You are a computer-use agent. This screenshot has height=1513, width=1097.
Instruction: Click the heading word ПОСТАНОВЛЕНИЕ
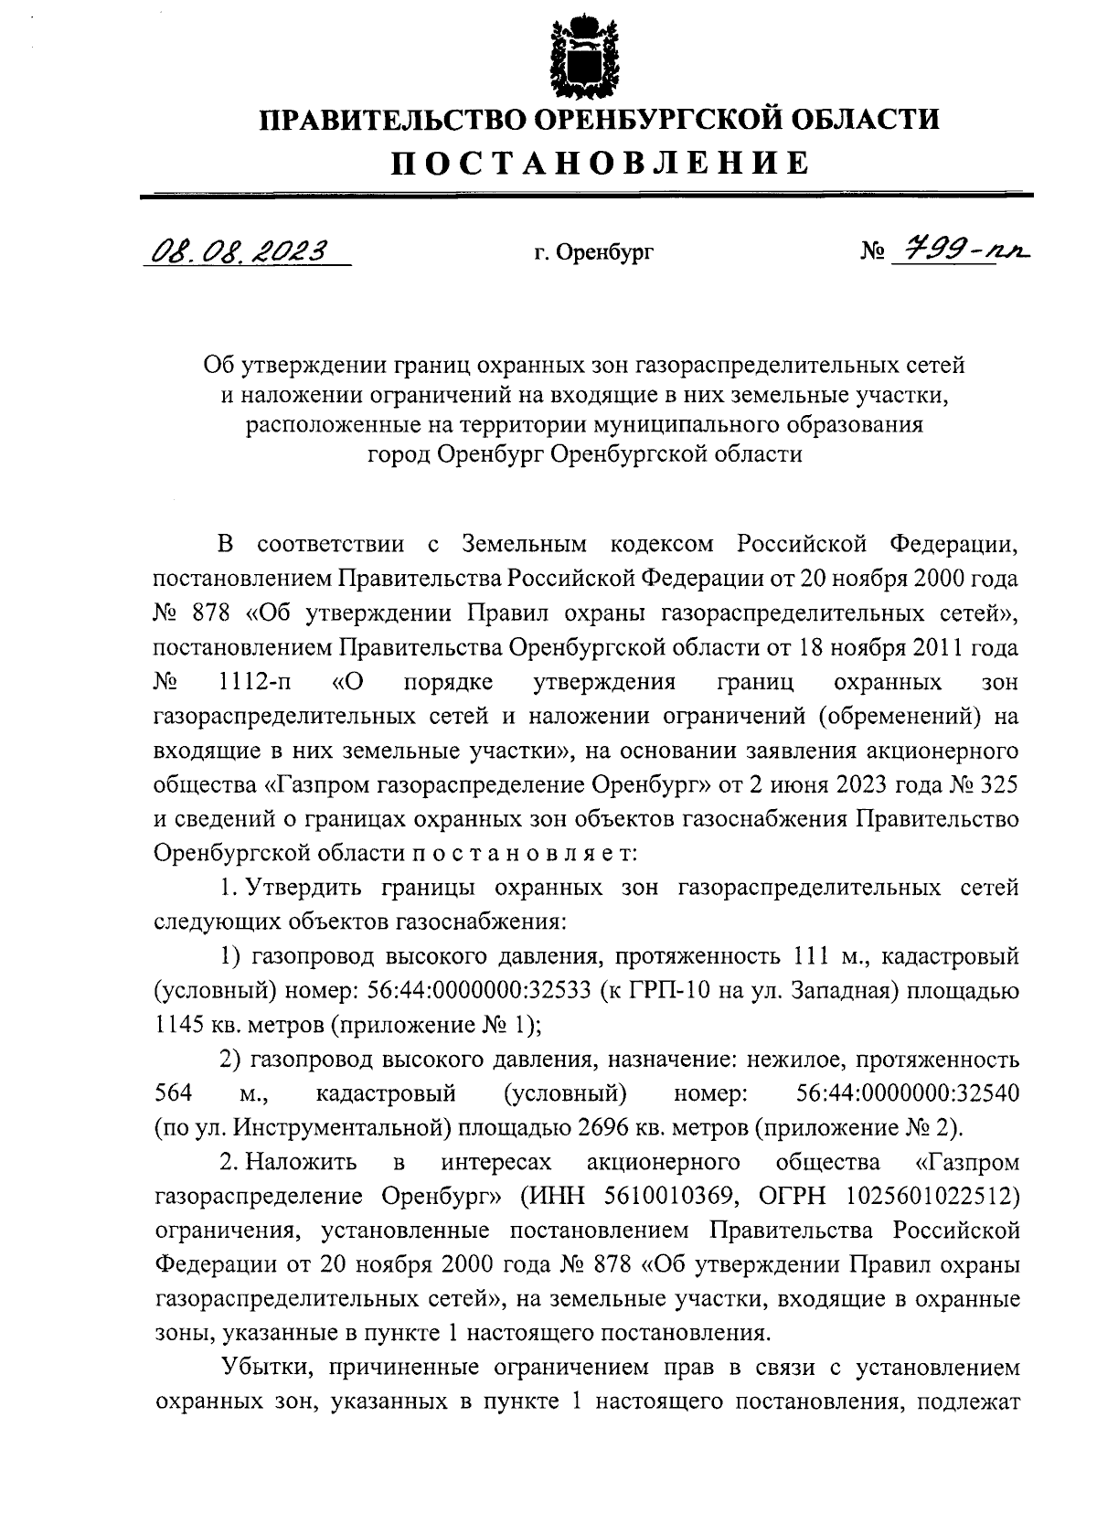pyautogui.click(x=601, y=163)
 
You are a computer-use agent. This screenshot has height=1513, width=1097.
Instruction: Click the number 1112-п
pyautogui.click(x=252, y=683)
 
